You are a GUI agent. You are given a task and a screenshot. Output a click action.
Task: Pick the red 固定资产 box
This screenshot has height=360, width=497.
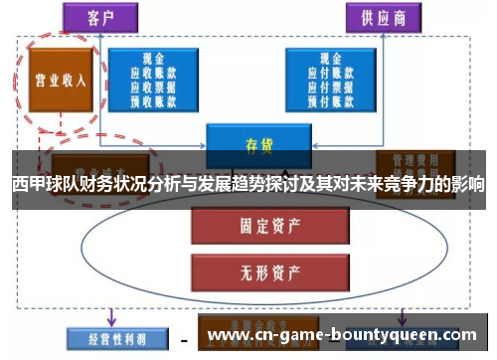251,227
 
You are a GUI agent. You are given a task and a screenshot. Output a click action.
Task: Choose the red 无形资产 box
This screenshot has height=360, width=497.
251,269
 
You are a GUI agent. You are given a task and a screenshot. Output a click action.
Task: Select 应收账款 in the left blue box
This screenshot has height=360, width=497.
153,73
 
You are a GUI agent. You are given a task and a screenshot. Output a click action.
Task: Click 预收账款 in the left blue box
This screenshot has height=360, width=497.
153,98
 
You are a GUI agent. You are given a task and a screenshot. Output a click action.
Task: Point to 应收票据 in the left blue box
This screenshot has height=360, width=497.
153,86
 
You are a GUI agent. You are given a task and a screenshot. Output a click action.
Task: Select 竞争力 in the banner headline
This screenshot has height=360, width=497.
387,184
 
